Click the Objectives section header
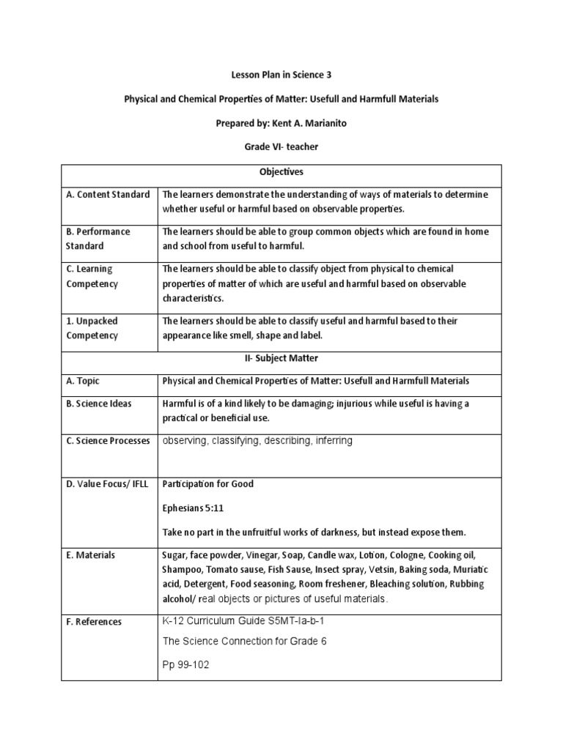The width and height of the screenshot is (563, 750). (281, 172)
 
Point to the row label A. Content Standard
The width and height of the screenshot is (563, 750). (108, 195)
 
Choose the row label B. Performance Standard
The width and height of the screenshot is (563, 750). (97, 239)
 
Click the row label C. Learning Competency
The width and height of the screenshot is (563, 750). (92, 276)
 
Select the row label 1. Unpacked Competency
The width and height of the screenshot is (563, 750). (92, 328)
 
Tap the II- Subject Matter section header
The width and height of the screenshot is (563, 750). (281, 359)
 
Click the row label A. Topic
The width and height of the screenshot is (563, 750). (83, 382)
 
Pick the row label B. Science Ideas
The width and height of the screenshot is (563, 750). (99, 404)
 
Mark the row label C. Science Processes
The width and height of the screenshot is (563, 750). (108, 441)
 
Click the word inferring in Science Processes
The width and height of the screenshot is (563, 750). (330, 441)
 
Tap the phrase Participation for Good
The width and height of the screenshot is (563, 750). (208, 484)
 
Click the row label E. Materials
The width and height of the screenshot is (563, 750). (90, 556)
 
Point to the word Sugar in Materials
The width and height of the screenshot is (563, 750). (174, 555)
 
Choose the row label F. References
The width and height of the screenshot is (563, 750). (94, 622)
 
